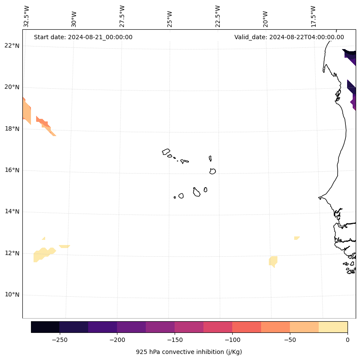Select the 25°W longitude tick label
(170, 17)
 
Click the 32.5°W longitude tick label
(27, 17)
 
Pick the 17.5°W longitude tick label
(314, 17)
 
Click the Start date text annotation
(83, 37)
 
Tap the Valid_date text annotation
(289, 37)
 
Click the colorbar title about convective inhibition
(189, 352)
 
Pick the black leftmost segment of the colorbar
(45, 327)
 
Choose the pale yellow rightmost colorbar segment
(333, 327)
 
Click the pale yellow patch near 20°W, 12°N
(273, 261)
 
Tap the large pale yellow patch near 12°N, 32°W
(42, 254)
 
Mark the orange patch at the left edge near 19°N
(26, 110)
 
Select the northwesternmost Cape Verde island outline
(166, 152)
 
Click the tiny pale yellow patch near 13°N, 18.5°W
(297, 238)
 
